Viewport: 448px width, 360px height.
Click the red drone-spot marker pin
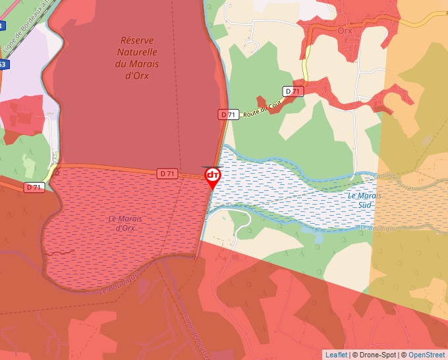point(213,176)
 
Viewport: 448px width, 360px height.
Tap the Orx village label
point(345,31)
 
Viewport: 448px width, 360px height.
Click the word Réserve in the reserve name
point(136,40)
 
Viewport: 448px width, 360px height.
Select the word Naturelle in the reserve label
point(136,52)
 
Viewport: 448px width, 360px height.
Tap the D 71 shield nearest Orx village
point(293,91)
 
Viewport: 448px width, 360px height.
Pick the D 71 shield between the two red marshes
point(167,173)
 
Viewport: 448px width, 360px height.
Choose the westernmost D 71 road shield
point(34,188)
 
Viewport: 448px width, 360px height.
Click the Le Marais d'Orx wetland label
point(125,223)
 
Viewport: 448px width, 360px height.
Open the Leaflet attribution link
point(336,355)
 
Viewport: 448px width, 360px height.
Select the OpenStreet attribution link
point(427,355)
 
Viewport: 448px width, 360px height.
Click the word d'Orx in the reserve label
point(136,75)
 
